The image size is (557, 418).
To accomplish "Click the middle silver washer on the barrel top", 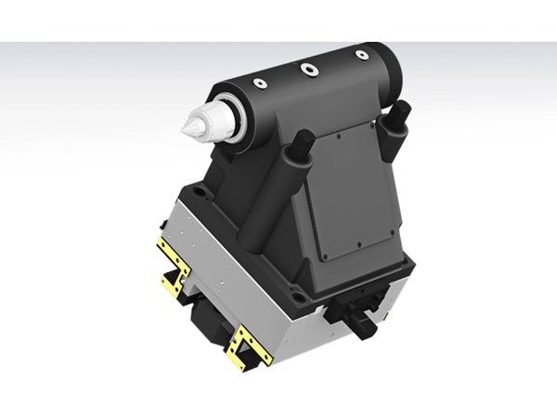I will (x=306, y=68).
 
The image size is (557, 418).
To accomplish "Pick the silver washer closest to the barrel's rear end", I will (x=361, y=55).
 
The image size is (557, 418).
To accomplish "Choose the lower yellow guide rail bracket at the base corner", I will (x=249, y=346).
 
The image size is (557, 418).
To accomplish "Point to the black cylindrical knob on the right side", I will (x=362, y=325).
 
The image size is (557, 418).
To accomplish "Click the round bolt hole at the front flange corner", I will (x=297, y=299).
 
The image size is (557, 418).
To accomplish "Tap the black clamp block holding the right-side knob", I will (x=348, y=307).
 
